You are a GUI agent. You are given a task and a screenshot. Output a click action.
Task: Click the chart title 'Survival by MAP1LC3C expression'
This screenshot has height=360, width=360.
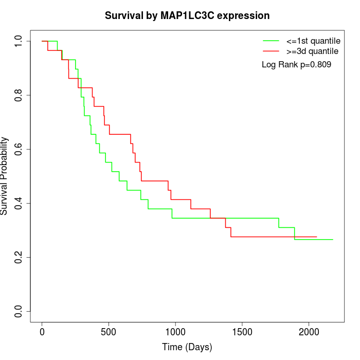[x=187, y=15]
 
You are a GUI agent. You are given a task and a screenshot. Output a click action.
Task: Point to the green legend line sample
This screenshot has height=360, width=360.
[x=271, y=41]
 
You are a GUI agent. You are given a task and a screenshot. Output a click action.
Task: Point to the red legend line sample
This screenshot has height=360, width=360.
[x=271, y=51]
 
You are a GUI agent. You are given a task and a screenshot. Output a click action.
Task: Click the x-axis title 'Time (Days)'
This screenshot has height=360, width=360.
[x=187, y=347]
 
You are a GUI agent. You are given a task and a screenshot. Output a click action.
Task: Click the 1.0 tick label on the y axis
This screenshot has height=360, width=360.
[x=19, y=41]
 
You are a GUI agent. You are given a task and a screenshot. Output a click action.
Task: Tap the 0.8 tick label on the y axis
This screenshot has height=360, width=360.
[x=19, y=95]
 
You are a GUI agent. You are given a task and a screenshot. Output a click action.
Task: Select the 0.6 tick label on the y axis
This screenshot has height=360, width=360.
[x=19, y=149]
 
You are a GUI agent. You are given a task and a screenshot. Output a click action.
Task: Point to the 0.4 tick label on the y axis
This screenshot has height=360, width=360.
[x=19, y=203]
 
